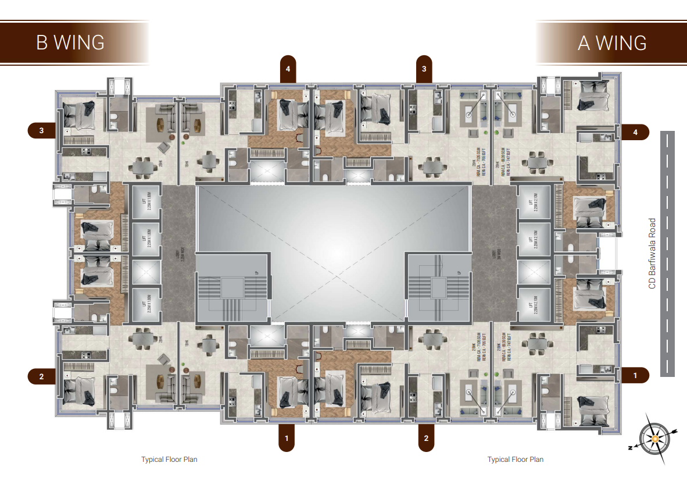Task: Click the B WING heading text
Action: (x=70, y=42)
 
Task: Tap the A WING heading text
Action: (x=612, y=42)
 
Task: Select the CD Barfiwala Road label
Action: (x=652, y=254)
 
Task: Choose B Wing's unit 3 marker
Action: (x=42, y=131)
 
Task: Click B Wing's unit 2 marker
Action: (x=42, y=376)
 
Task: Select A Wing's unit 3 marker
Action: (x=424, y=69)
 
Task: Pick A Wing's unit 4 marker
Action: (x=635, y=132)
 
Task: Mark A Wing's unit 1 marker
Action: (x=635, y=376)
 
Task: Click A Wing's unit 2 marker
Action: (x=426, y=438)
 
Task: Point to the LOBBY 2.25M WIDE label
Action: (x=177, y=254)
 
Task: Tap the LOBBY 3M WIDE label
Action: (x=495, y=254)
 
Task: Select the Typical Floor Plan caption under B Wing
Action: (x=169, y=460)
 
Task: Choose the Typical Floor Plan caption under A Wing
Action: (x=516, y=460)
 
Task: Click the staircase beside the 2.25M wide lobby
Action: (x=232, y=288)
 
